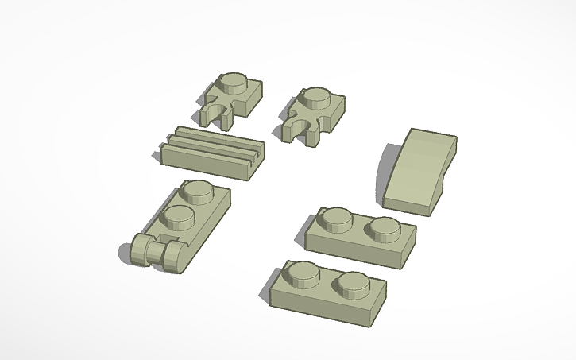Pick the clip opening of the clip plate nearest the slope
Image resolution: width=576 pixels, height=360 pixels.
click(301, 128)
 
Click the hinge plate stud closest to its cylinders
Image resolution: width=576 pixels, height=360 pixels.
click(178, 217)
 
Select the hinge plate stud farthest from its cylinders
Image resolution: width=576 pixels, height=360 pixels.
click(198, 192)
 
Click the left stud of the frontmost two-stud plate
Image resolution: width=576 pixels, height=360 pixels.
click(303, 275)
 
